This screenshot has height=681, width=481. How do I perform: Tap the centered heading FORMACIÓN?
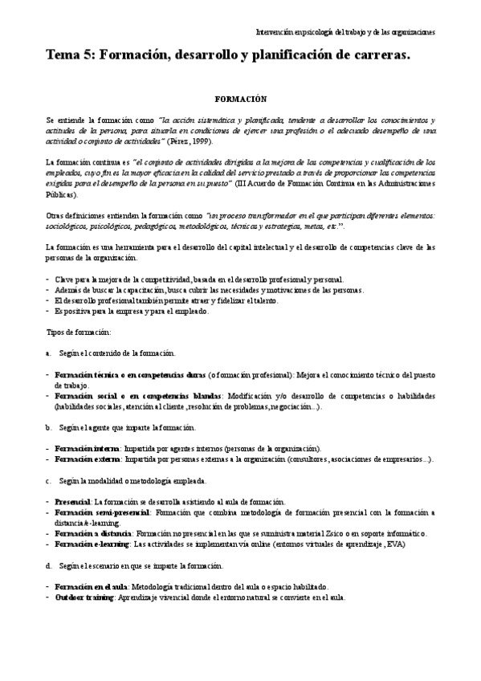(x=240, y=97)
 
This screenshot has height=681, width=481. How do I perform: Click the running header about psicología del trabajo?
(x=345, y=33)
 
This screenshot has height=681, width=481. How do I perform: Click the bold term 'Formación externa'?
(x=88, y=459)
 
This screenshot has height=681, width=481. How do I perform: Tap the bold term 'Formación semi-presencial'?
(x=102, y=512)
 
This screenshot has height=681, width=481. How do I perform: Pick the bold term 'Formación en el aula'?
(x=92, y=586)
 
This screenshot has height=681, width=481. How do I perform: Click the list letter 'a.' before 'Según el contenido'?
(x=49, y=353)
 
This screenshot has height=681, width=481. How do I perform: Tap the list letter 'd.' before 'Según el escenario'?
(x=49, y=565)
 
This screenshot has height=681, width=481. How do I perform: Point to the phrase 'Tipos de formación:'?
(x=78, y=332)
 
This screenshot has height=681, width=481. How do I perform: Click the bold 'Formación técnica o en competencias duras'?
(x=129, y=374)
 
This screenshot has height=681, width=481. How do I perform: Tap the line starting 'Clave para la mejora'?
(x=193, y=279)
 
